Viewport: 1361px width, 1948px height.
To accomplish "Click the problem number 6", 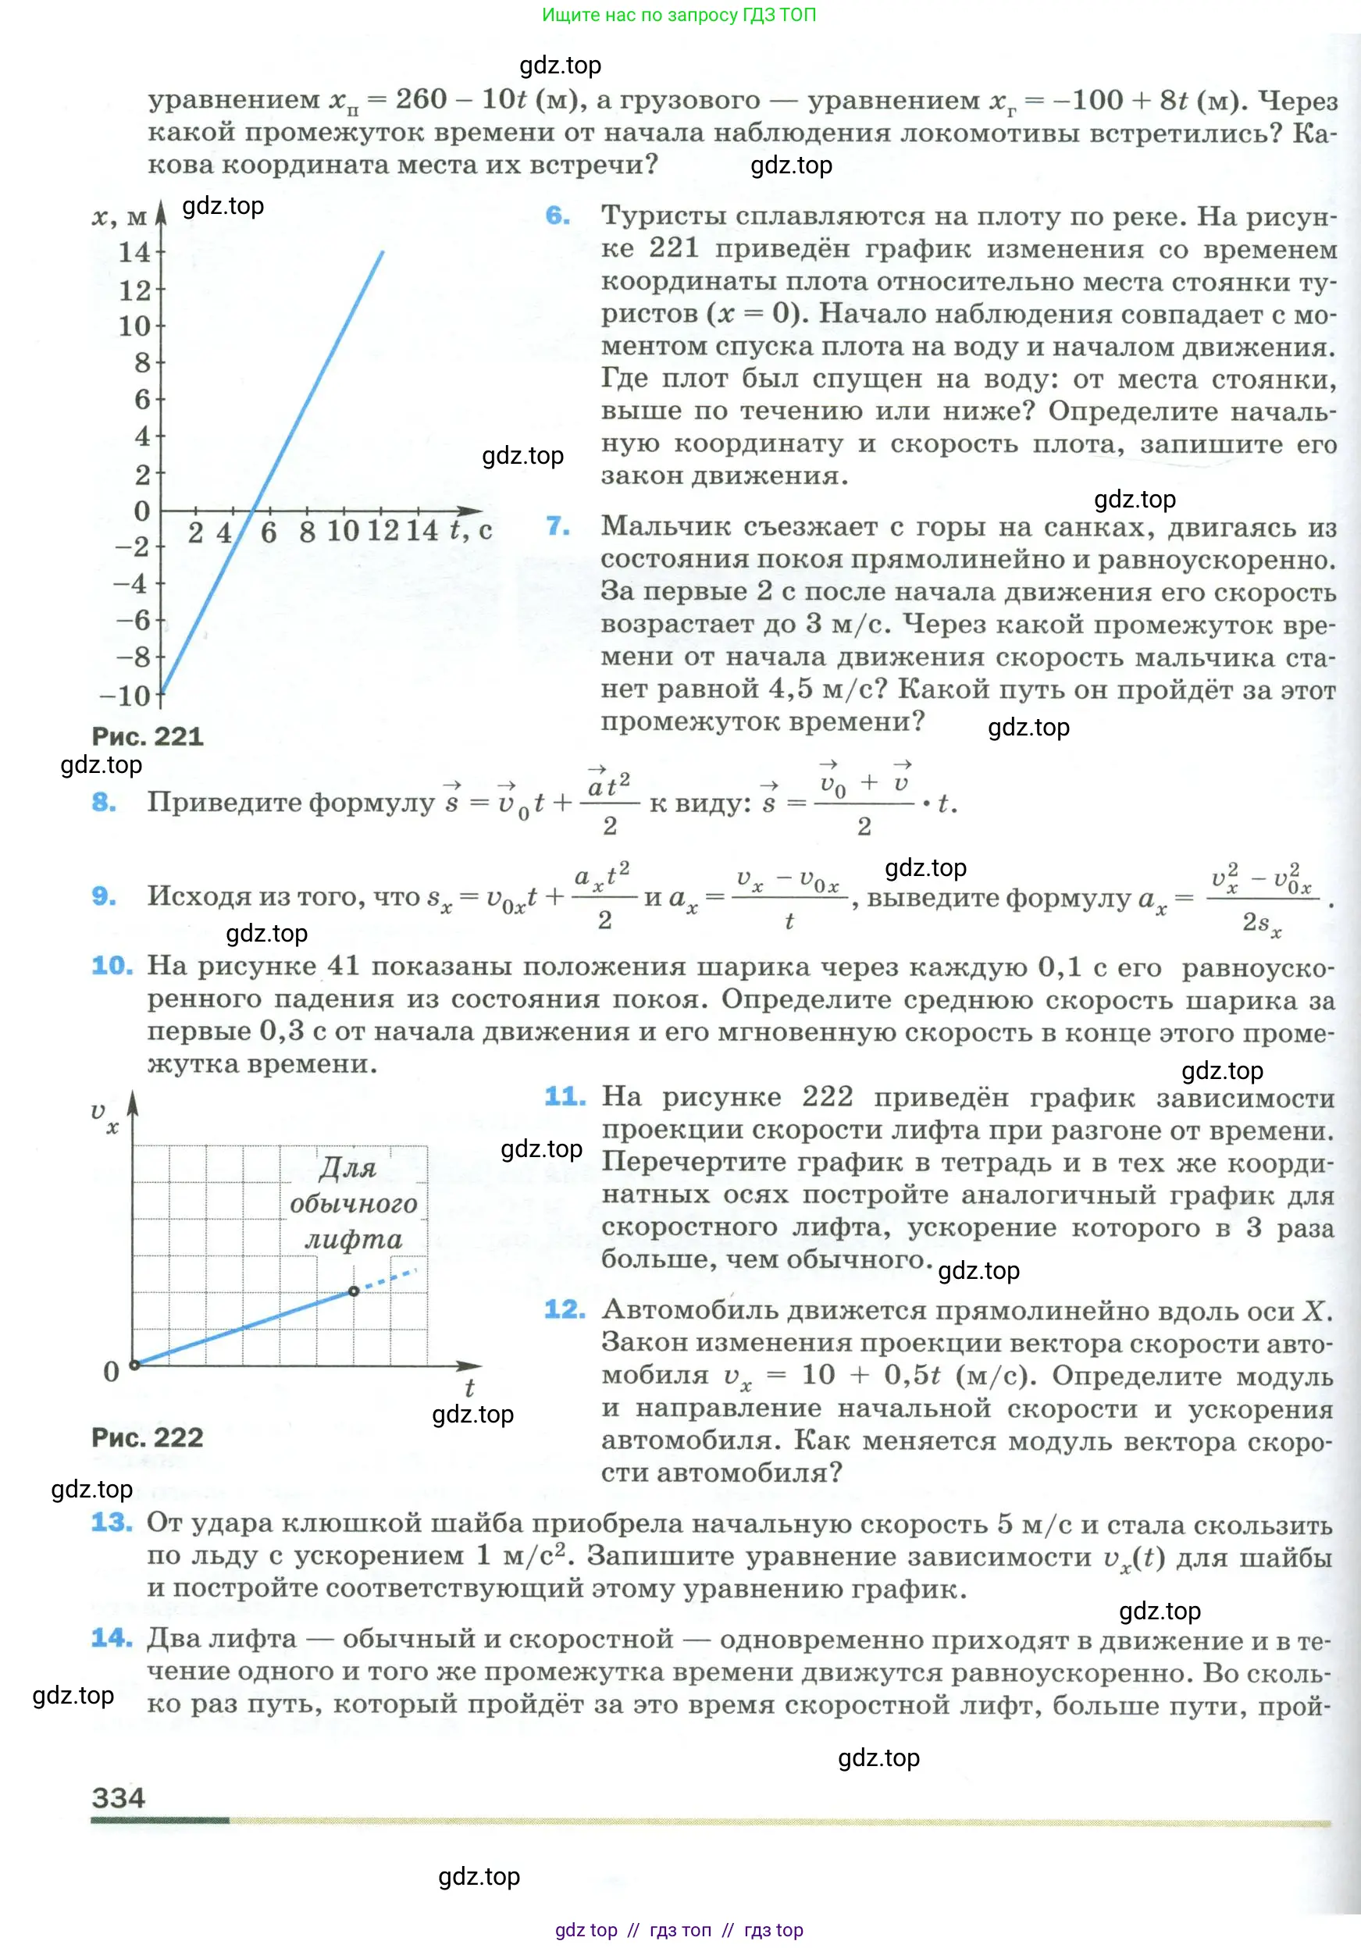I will [558, 215].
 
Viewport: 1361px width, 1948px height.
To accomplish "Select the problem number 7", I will [558, 526].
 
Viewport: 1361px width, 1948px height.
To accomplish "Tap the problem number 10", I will [112, 966].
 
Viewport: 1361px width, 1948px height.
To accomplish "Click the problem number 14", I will [112, 1637].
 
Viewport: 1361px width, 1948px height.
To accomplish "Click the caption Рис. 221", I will [148, 735].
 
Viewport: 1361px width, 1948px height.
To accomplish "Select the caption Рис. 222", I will [148, 1437].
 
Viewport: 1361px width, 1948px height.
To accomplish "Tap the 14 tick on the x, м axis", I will [134, 252].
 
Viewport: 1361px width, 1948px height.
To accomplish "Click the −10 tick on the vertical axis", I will [126, 696].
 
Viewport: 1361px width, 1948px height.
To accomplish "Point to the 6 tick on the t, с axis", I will [269, 532].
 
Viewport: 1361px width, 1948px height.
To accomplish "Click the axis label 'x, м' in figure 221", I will [119, 217].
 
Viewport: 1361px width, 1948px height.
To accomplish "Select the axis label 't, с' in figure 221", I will [471, 531].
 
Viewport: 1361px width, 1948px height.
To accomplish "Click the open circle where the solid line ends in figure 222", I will [354, 1291].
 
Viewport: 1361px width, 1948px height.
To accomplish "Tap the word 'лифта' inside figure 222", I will [354, 1241].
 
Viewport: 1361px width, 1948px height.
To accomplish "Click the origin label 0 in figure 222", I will [111, 1371].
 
